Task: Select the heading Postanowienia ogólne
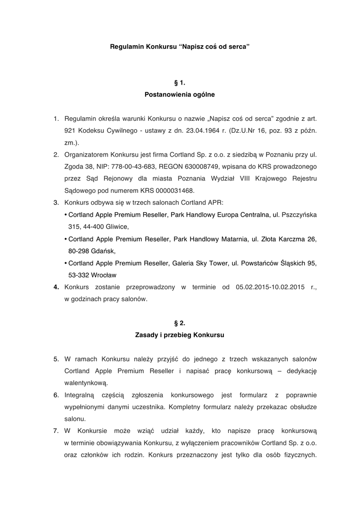point(180,93)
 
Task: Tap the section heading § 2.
point(180,323)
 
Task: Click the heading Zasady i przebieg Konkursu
point(180,335)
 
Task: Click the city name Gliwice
point(116,227)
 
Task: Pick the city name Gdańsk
point(101,251)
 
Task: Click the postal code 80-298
point(79,251)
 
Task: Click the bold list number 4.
point(57,287)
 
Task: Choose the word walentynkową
point(86,383)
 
